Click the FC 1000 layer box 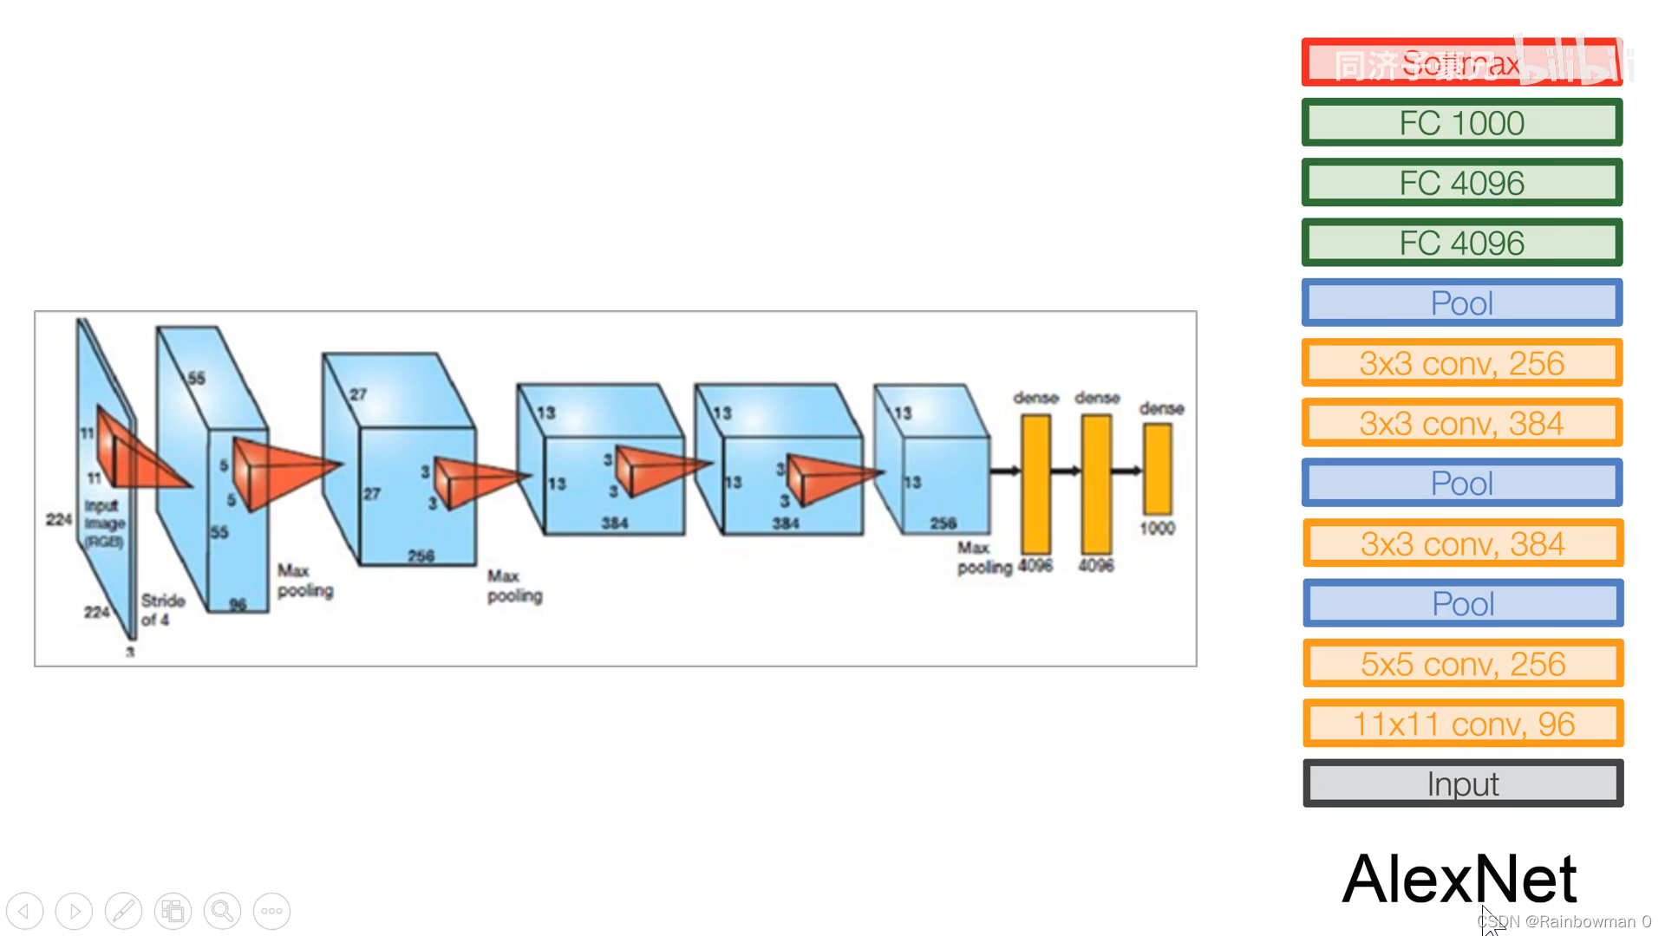click(x=1461, y=123)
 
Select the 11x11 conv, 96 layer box click(x=1463, y=724)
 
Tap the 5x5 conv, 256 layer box click(x=1463, y=664)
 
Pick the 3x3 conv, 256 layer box click(x=1461, y=363)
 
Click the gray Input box click(x=1463, y=783)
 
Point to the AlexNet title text click(x=1459, y=879)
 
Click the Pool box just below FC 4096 click(x=1461, y=303)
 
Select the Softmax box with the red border click(x=1461, y=62)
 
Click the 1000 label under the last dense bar click(x=1157, y=529)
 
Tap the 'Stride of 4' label click(x=162, y=609)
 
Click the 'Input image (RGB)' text click(x=104, y=523)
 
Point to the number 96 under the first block click(x=238, y=604)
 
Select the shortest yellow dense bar click(x=1157, y=469)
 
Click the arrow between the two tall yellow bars click(x=1066, y=471)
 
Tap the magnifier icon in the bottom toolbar click(x=222, y=911)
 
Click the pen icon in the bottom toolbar click(x=123, y=911)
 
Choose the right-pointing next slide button click(x=75, y=911)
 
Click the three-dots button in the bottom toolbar click(x=271, y=911)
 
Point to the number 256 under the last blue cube click(x=943, y=523)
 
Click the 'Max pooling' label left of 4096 click(x=983, y=557)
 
